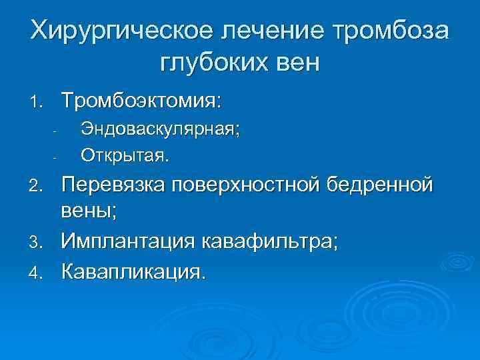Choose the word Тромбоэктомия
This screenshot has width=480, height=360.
(141, 101)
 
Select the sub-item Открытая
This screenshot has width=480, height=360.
(125, 156)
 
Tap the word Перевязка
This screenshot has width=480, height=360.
(113, 183)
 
